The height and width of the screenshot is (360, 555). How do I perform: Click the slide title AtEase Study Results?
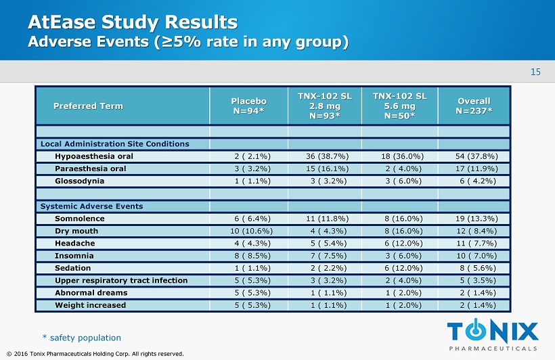coord(133,22)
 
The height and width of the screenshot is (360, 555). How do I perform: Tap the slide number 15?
coord(535,72)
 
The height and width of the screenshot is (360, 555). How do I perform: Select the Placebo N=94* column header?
coord(248,106)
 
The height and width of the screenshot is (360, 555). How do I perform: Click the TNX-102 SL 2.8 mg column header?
coord(324,106)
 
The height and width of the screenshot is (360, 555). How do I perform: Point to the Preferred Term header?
coord(88,106)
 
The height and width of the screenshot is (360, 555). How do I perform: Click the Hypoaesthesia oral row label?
coord(93,156)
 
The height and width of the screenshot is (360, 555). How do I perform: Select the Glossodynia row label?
coord(80,181)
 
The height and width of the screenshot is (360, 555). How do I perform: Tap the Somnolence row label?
coord(80,219)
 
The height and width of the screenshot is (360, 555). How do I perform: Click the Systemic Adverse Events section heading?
coord(91,206)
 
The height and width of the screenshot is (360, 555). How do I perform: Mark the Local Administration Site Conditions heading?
coord(115,144)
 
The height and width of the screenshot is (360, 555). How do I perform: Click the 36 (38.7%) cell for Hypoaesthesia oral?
coord(324,156)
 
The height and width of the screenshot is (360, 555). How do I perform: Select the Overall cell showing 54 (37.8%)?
coord(474,156)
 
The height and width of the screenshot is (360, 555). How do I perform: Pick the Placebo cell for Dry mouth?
coord(248,231)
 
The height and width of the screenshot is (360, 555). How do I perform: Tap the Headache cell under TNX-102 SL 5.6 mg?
coord(399,243)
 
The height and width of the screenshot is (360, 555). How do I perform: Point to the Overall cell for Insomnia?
coord(474,256)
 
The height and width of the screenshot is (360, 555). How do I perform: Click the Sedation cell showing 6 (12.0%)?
coord(399,268)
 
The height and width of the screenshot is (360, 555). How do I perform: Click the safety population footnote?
coord(81,338)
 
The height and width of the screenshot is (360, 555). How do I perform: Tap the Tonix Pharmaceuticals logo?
coord(493,335)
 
